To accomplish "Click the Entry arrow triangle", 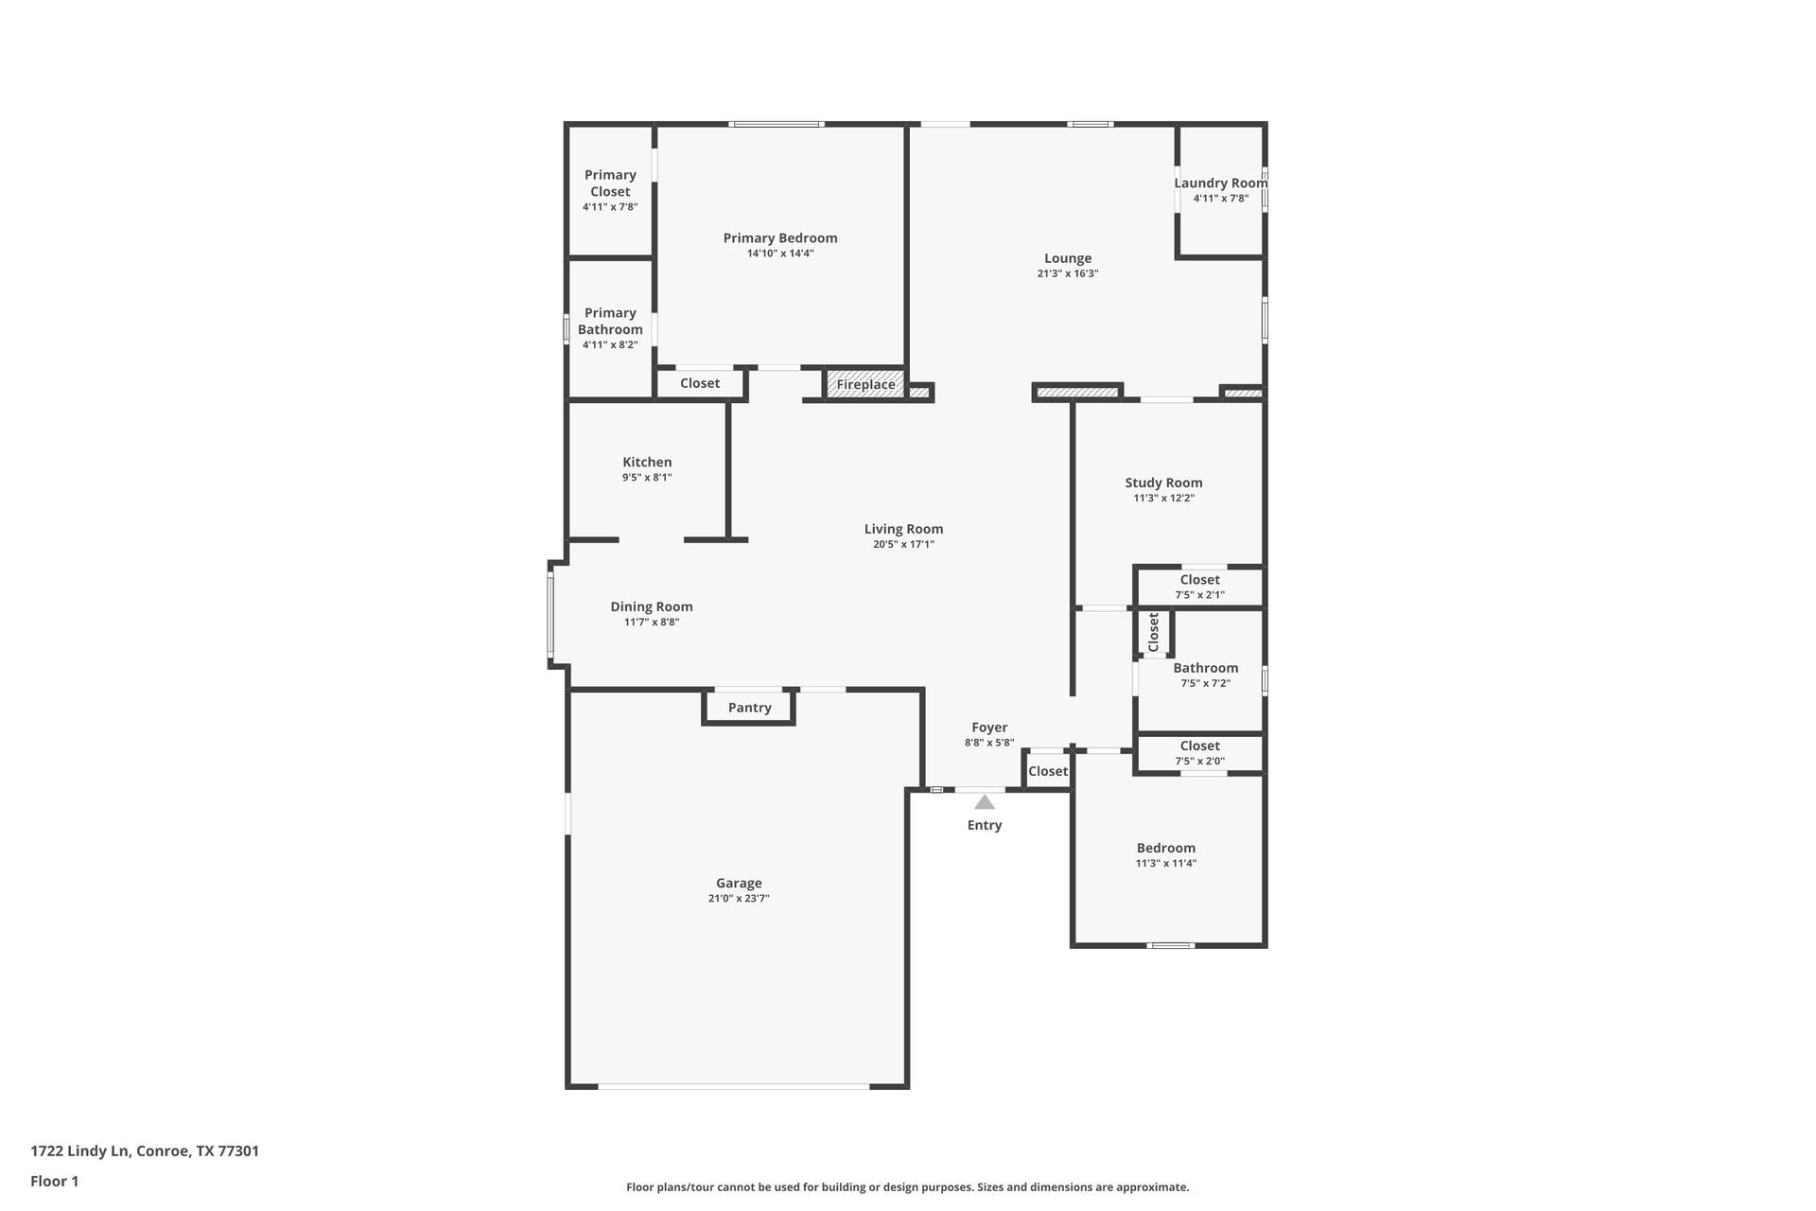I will coord(985,802).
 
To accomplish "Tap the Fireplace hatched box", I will coord(865,384).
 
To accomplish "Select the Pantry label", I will coord(749,708).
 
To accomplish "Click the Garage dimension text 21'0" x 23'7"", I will coord(739,899).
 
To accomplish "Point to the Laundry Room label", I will coord(1220,184).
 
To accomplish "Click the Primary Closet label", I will coord(610,183).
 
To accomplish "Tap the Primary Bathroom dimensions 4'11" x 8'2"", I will coord(610,344).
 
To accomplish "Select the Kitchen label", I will coord(647,463).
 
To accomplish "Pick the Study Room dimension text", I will coord(1163,498).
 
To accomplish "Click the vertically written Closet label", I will coord(1153,632).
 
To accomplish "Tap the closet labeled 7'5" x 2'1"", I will coord(1199,587).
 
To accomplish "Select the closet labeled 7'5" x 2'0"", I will coord(1199,753).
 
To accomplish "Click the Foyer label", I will coord(989,728).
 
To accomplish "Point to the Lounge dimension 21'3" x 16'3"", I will coord(1067,273).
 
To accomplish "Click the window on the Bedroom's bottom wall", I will coord(1170,944).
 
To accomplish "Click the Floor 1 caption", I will coord(54,1181).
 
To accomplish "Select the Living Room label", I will coord(903,529).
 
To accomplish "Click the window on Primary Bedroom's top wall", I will coord(777,124).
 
